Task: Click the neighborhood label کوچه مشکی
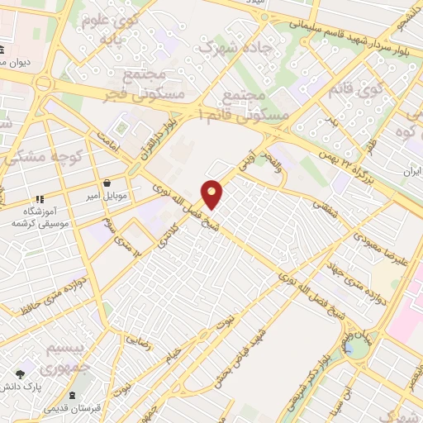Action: pyautogui.click(x=40, y=155)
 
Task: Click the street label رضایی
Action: pyautogui.click(x=138, y=340)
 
